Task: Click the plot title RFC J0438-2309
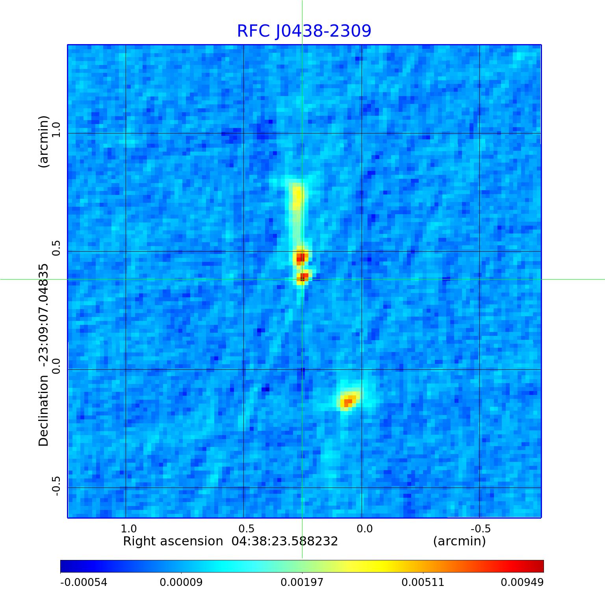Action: [304, 31]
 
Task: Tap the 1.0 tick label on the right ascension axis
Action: [128, 528]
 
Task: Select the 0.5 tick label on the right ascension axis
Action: [247, 528]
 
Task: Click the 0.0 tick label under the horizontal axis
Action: [364, 528]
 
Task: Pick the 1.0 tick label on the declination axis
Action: [57, 130]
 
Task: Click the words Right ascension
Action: [173, 541]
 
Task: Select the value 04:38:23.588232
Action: [284, 541]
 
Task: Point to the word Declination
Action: [43, 411]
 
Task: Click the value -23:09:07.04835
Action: [43, 315]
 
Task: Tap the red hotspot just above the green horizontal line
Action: [301, 258]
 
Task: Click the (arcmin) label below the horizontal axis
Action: [459, 541]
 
